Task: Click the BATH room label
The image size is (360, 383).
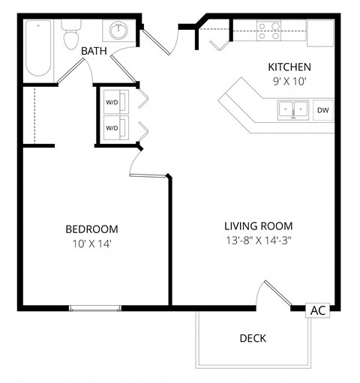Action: pyautogui.click(x=94, y=51)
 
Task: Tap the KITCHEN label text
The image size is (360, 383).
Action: pyautogui.click(x=289, y=67)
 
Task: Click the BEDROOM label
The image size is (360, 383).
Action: pyautogui.click(x=91, y=229)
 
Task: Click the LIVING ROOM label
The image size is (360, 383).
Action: pyautogui.click(x=259, y=226)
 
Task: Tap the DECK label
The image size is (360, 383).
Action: pyautogui.click(x=253, y=338)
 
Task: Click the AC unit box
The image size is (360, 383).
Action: pyautogui.click(x=318, y=310)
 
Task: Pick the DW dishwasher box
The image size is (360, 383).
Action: pyautogui.click(x=323, y=111)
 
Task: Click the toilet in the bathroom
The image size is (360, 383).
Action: pyautogui.click(x=71, y=35)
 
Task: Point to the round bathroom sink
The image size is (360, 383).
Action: pyautogui.click(x=118, y=31)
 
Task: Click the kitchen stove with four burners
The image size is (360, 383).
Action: pyautogui.click(x=269, y=30)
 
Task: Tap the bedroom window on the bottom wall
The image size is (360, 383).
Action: pyautogui.click(x=94, y=307)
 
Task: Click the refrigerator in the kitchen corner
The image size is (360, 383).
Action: pyautogui.click(x=320, y=32)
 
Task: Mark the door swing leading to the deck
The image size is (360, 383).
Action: pyautogui.click(x=274, y=295)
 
